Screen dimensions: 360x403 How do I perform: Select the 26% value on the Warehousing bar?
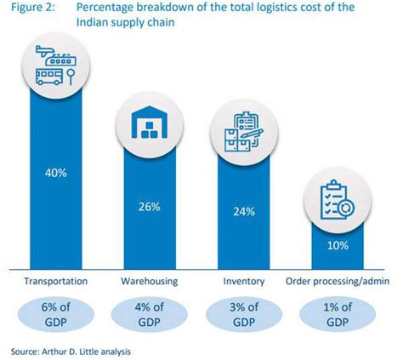150,205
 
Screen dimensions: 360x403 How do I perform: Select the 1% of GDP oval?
338,313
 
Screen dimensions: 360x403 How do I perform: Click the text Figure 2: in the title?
31,9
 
